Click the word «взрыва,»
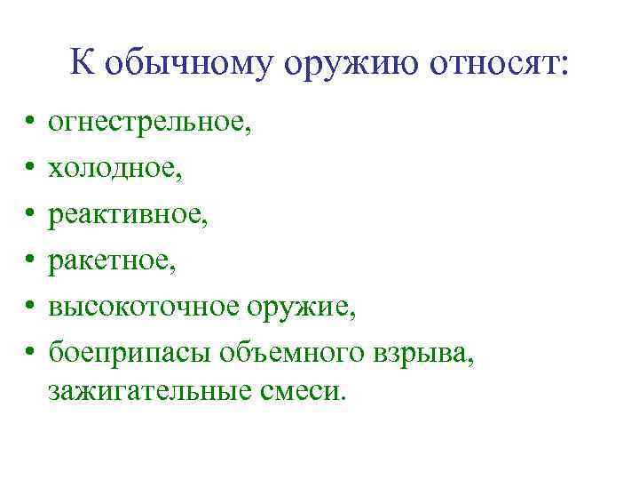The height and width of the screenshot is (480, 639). (x=424, y=352)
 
